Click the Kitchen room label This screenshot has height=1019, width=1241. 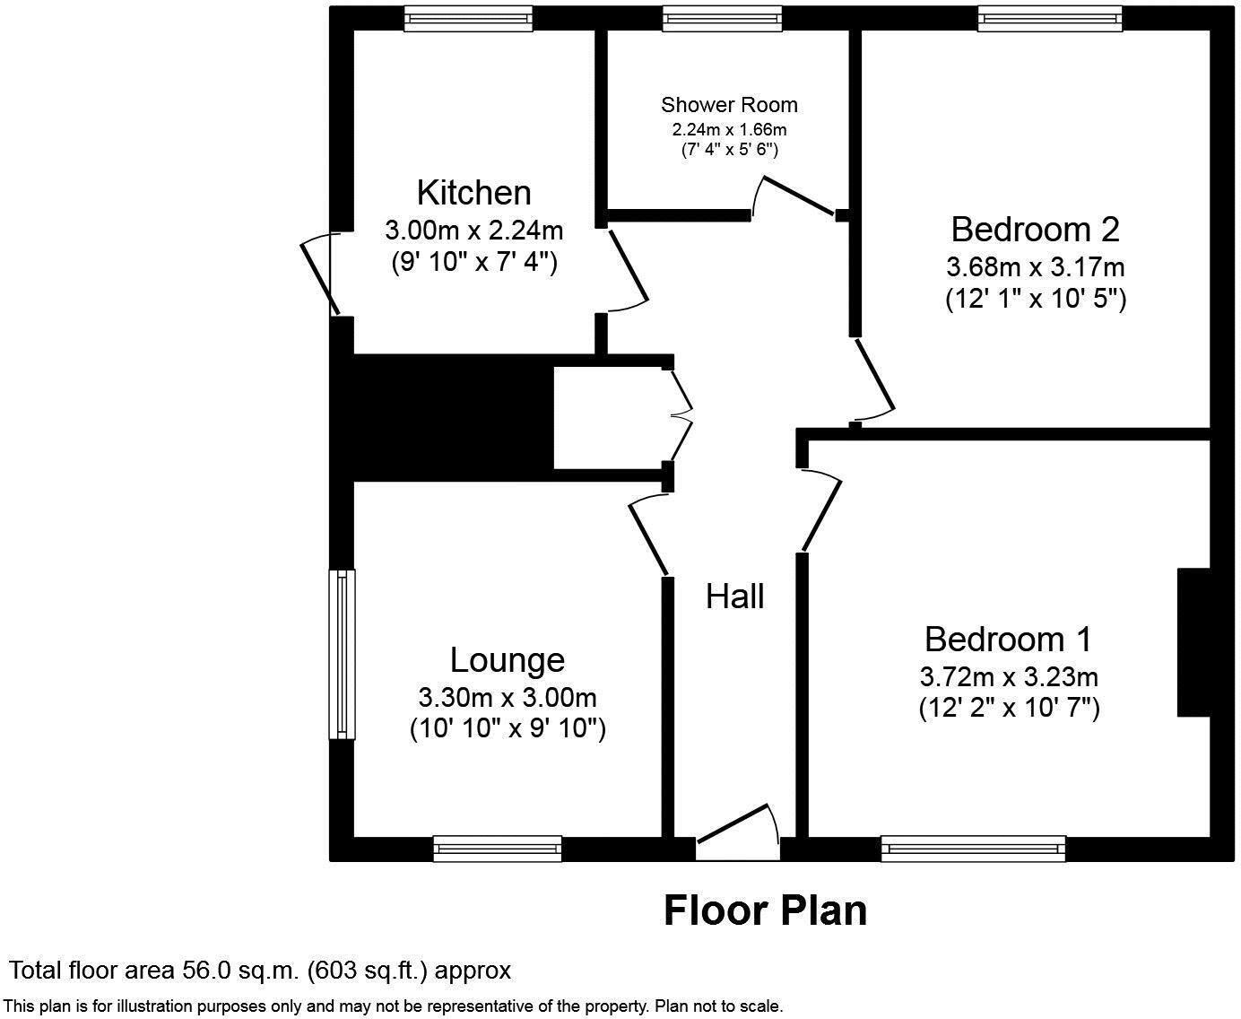click(473, 193)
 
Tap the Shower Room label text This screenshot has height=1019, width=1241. click(729, 105)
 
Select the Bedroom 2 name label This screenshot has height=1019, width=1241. click(1035, 230)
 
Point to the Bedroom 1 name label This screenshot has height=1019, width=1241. click(1008, 640)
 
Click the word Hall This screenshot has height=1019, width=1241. click(734, 597)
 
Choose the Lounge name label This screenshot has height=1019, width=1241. click(507, 660)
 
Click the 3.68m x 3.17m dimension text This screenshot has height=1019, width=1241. click(1035, 267)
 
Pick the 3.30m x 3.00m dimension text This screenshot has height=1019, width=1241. click(507, 697)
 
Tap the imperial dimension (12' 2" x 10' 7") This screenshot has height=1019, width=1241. click(1008, 709)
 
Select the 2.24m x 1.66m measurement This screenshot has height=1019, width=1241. click(729, 129)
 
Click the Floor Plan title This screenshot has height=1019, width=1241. click(765, 910)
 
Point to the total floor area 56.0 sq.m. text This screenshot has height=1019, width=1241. click(260, 970)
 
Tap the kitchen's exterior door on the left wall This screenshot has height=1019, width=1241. click(319, 274)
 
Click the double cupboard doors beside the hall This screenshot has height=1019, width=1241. click(681, 417)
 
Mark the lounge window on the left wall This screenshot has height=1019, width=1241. click(342, 654)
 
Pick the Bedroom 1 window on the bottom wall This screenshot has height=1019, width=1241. click(973, 848)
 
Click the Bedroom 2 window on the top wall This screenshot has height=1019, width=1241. click(1049, 18)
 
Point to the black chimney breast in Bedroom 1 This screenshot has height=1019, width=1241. click(1193, 642)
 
